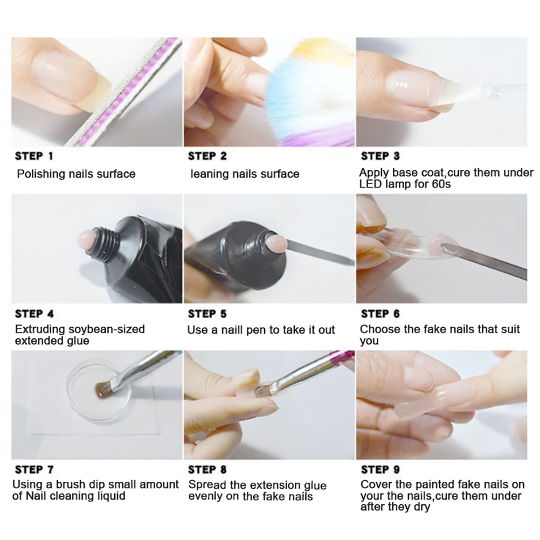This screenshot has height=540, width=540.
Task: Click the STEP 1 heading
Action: [34, 156]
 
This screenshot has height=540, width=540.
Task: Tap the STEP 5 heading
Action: [207, 314]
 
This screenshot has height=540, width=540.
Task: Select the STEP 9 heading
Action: [380, 469]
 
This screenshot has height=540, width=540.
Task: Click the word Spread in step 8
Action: [207, 485]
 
